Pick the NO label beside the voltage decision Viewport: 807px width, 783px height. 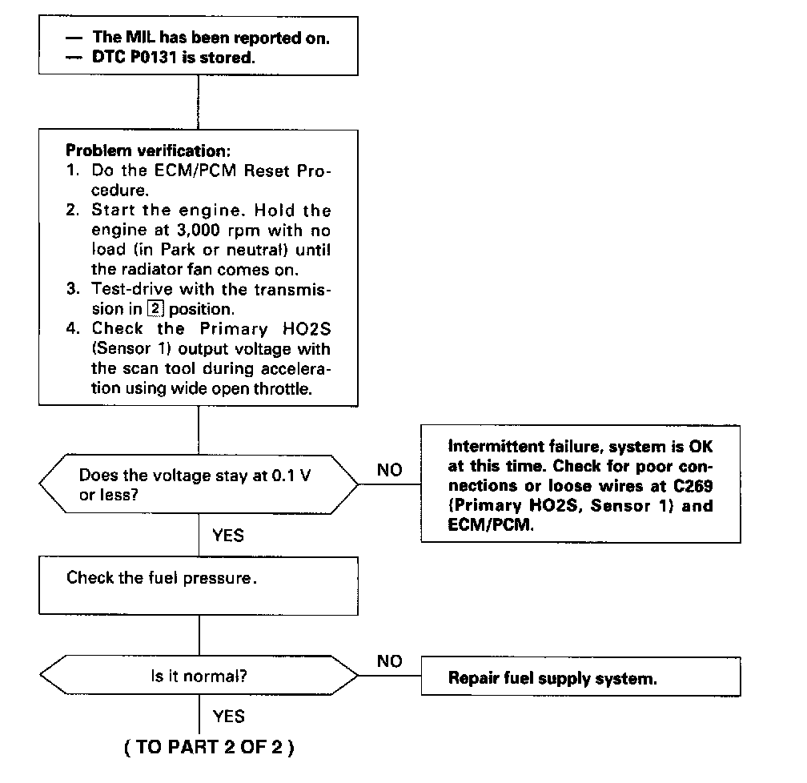[x=390, y=470]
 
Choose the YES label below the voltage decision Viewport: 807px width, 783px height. [x=228, y=534]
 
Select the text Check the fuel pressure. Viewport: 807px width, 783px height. [x=162, y=577]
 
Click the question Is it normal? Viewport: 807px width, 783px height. [x=199, y=675]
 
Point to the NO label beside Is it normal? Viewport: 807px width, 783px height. [x=390, y=661]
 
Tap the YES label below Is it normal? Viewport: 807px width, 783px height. [x=228, y=715]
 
